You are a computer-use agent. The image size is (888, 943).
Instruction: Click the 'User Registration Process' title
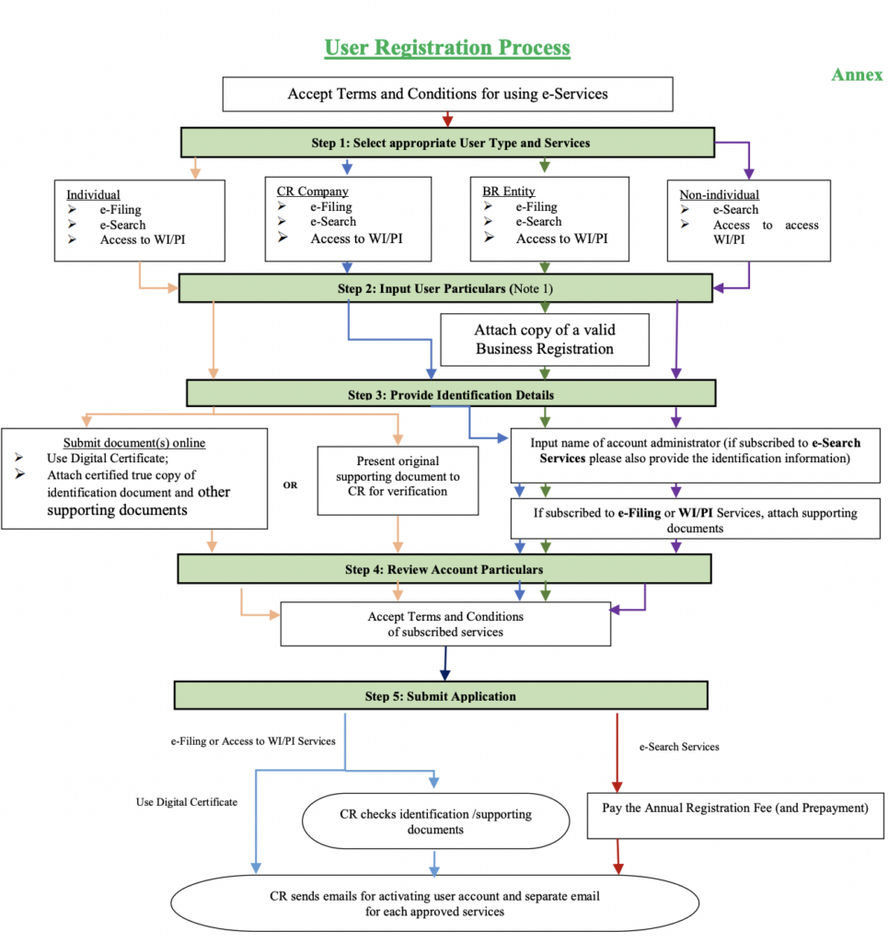click(447, 47)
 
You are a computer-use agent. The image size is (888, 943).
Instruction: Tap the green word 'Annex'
click(857, 75)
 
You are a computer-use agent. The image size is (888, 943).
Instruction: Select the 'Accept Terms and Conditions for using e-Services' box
click(447, 94)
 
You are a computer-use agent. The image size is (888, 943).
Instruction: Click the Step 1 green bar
click(447, 143)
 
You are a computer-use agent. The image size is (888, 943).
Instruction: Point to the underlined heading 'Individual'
click(93, 195)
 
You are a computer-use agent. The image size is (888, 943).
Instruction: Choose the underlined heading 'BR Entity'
click(508, 192)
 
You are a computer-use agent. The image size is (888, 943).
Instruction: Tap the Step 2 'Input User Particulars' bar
click(447, 288)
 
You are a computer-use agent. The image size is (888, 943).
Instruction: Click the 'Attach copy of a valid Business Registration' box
click(545, 339)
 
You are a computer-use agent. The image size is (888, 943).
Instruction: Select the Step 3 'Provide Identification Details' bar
click(450, 394)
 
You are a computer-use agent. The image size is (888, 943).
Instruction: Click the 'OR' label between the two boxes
click(291, 484)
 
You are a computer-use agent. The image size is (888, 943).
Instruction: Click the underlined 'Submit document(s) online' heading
click(134, 443)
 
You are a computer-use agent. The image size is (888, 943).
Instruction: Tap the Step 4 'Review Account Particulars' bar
click(444, 569)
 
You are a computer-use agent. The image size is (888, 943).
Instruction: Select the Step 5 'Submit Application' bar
click(441, 695)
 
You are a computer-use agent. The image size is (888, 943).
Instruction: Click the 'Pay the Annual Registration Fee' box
click(735, 809)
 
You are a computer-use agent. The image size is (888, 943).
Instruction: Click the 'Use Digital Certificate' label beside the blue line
click(187, 802)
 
